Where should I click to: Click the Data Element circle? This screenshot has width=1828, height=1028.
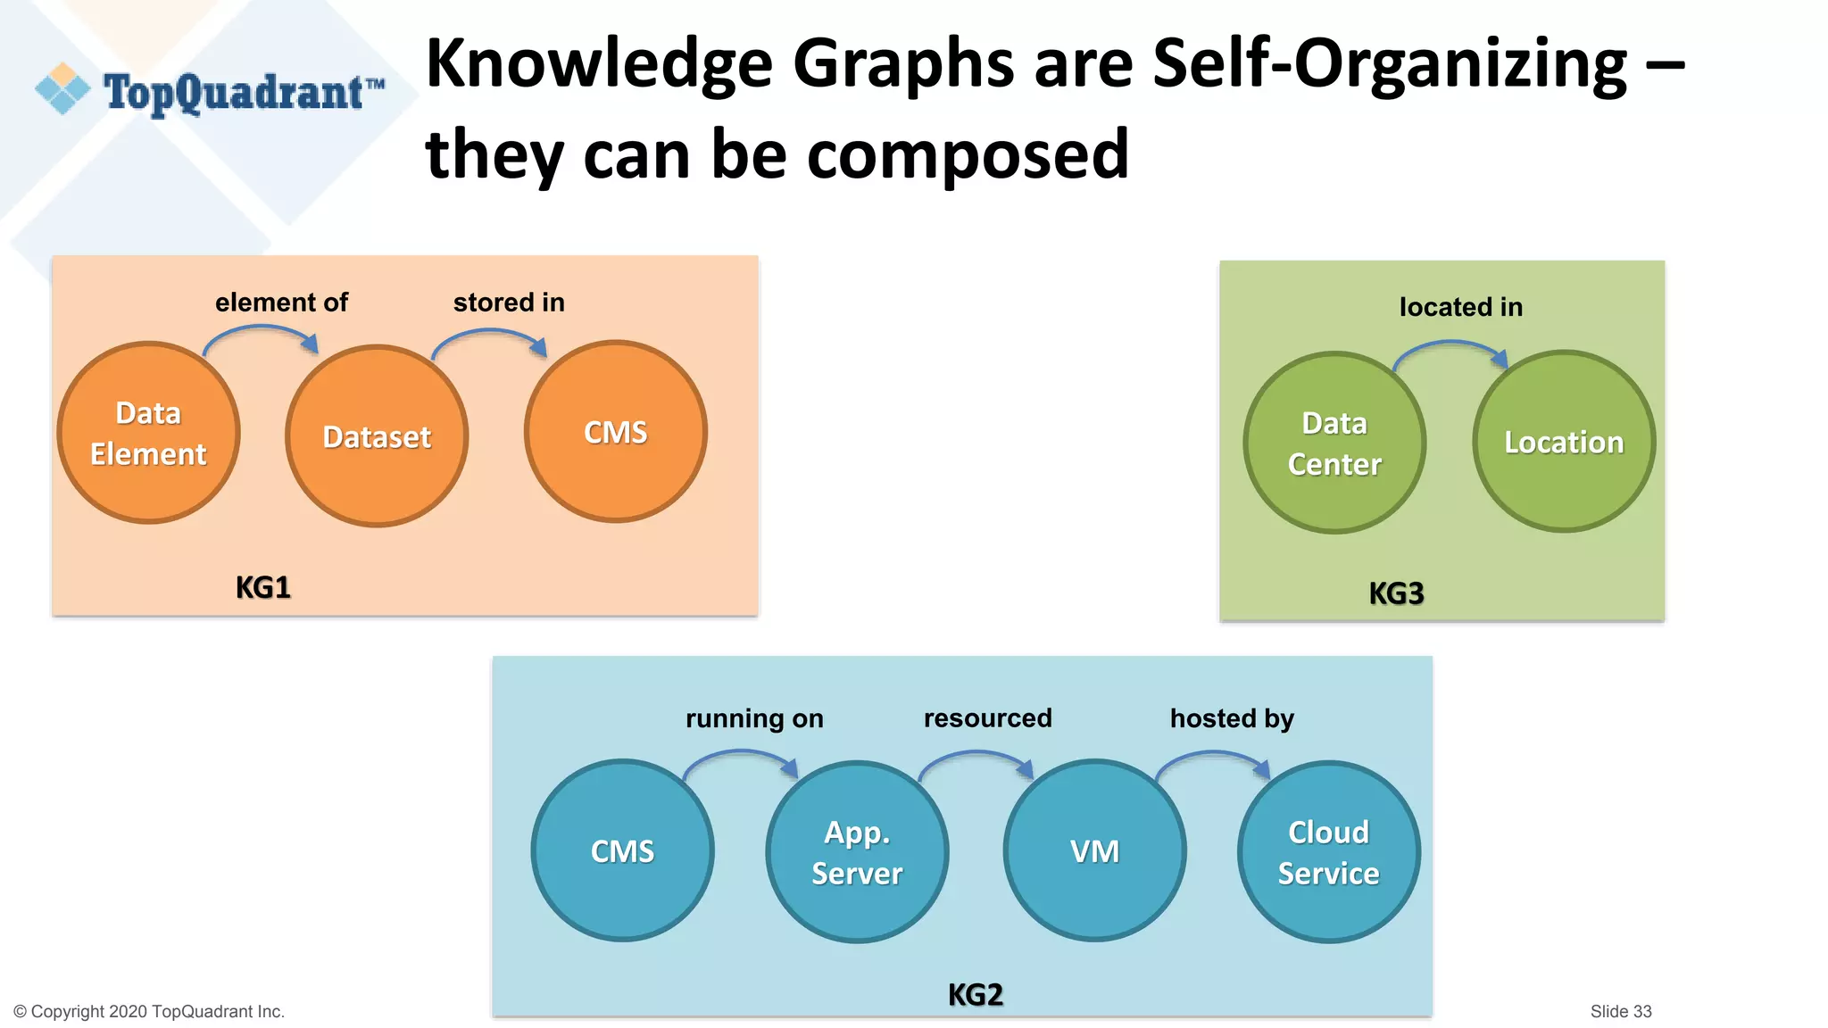(148, 433)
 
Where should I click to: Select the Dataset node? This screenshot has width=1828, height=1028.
(377, 436)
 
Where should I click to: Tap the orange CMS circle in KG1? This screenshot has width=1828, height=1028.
(616, 432)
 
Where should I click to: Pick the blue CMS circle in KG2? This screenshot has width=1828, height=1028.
(622, 850)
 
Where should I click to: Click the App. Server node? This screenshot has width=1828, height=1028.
(857, 852)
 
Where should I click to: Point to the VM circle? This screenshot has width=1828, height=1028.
(1094, 850)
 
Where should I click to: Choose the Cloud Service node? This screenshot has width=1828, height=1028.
(1328, 852)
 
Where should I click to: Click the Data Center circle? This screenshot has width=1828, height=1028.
(1334, 444)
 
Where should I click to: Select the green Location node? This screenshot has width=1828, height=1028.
(1564, 442)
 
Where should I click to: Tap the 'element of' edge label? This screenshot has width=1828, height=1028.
(281, 303)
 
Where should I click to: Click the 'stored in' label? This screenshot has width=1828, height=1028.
(509, 303)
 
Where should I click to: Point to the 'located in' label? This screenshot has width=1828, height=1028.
(1460, 307)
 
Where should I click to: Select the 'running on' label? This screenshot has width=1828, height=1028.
(754, 718)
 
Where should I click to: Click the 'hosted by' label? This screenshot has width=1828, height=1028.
(1232, 718)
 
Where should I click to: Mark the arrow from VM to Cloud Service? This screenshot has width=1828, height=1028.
(1214, 757)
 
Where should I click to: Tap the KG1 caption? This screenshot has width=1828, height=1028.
(262, 587)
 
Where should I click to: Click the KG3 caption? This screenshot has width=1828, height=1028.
(1396, 593)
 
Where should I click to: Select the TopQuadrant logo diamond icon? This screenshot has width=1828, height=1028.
(62, 88)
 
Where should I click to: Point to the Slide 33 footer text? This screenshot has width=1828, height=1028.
(1620, 1011)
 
